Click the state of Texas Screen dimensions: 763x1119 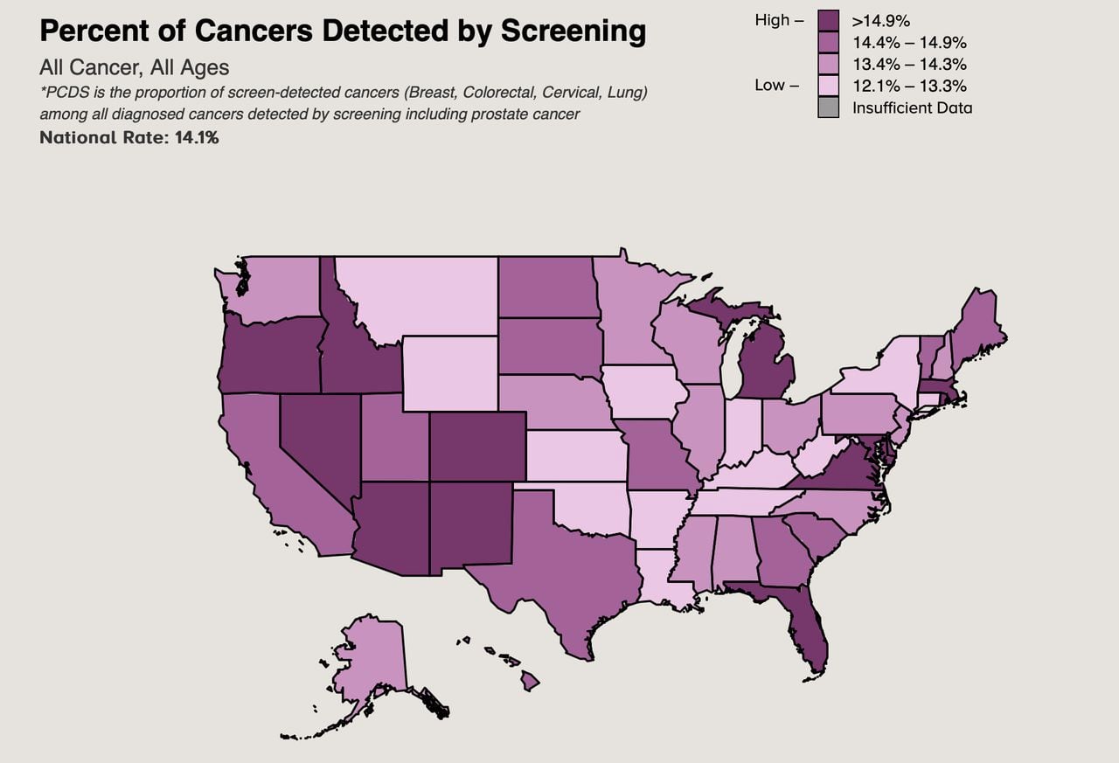559,568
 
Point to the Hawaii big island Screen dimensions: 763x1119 530,680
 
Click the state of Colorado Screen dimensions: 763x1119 477,446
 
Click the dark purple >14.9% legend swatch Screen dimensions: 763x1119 829,20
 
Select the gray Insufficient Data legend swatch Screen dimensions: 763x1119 829,108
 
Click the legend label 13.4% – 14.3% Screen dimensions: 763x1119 909,64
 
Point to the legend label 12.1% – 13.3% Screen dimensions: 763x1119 909,86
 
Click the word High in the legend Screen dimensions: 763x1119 772,20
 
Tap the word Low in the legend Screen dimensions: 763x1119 770,86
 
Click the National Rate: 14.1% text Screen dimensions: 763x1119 129,137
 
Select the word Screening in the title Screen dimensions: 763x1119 573,31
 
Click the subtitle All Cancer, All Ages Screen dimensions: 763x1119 134,68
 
